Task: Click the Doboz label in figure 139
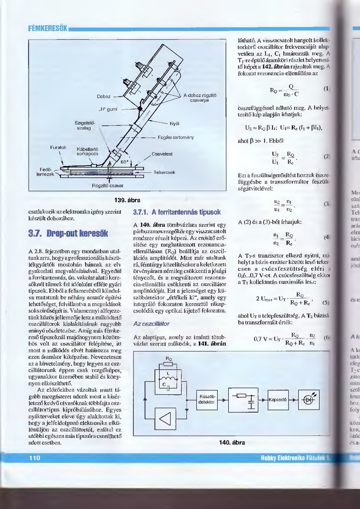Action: click(x=104, y=96)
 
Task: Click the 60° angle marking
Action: click(x=125, y=162)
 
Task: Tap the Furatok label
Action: click(x=58, y=148)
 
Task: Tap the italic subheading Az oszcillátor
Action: click(x=152, y=324)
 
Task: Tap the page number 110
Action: click(x=34, y=458)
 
